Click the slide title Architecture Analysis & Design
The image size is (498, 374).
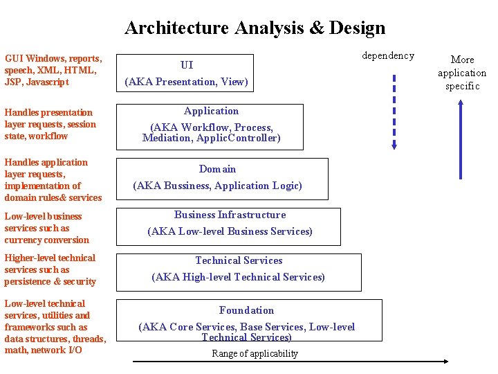tap(255, 28)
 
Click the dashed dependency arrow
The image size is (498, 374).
tap(394, 111)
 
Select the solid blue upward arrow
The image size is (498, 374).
tap(461, 139)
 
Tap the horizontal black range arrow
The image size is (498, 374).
tap(290, 361)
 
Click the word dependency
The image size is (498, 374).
tap(388, 55)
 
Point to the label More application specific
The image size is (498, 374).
tap(462, 73)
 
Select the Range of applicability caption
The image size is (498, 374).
tap(255, 353)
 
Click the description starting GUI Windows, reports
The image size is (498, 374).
tap(53, 70)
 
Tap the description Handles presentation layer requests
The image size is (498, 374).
tap(50, 124)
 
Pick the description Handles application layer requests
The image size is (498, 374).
tap(53, 180)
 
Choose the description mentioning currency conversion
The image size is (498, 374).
tap(46, 228)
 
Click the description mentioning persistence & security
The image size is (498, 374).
tap(50, 269)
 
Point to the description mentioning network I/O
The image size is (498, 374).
tap(55, 327)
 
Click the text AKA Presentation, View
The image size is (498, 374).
tap(186, 82)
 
